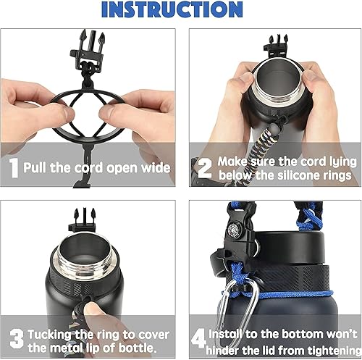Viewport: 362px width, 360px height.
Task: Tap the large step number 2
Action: (203, 168)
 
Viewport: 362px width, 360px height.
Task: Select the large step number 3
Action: (14, 339)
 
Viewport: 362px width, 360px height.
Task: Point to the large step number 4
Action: (198, 339)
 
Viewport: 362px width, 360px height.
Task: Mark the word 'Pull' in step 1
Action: (37, 168)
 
